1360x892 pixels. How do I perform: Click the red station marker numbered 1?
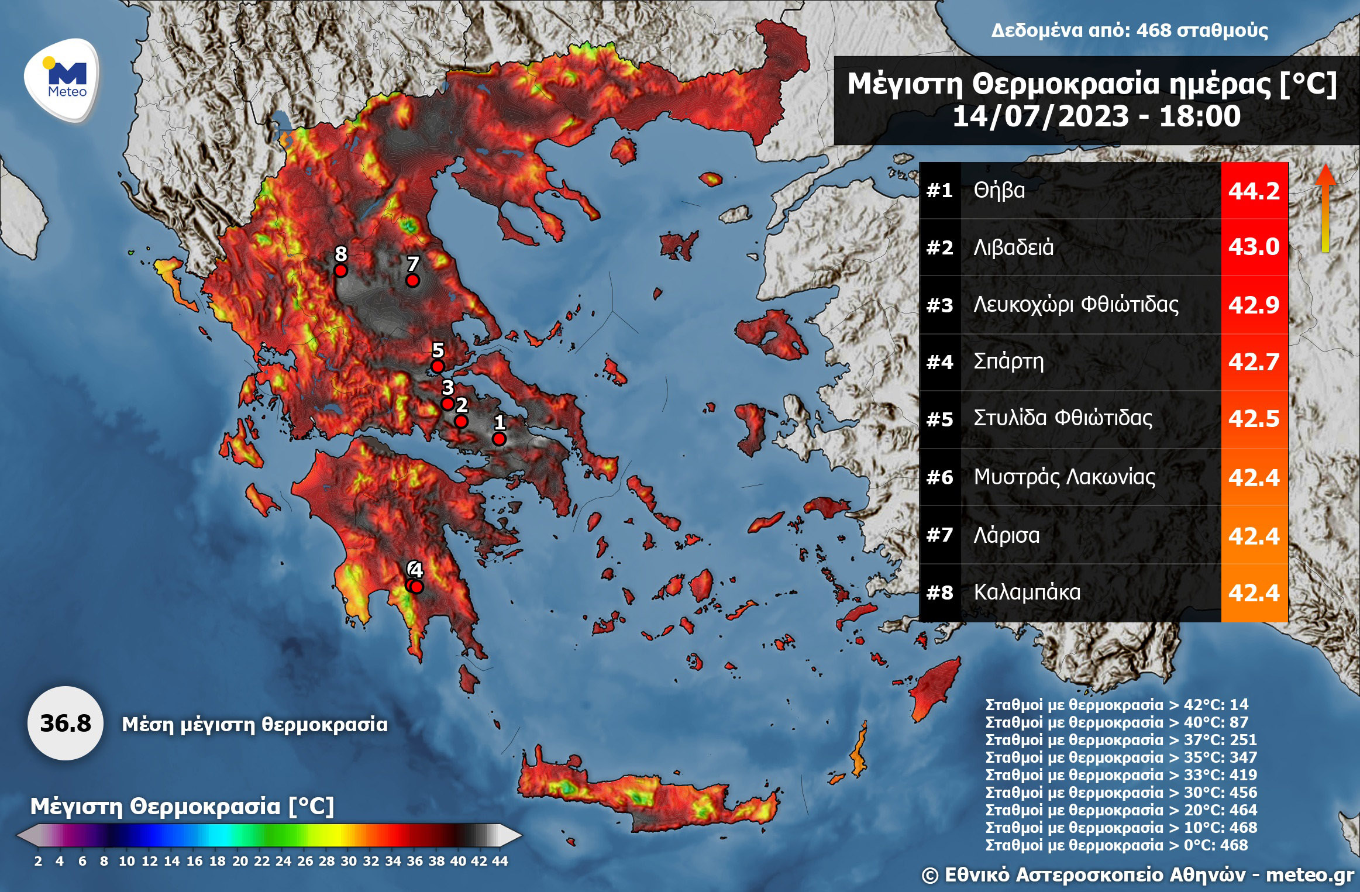coord(499,439)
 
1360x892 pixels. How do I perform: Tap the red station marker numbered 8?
coord(340,270)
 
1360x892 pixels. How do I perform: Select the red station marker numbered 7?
coord(412,281)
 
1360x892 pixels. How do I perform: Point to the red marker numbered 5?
coord(437,367)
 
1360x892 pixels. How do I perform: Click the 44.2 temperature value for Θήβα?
coord(1254,191)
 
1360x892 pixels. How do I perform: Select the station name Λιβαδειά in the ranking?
coord(1013,247)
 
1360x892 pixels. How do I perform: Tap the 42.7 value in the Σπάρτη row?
coord(1254,362)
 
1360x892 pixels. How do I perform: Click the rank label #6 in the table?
coord(939,478)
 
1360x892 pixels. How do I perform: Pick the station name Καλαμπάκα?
coord(1027,593)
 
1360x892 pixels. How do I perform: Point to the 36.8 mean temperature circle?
coord(66,724)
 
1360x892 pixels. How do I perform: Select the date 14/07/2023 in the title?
coord(1041,116)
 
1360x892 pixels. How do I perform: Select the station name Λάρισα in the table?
coord(1006,535)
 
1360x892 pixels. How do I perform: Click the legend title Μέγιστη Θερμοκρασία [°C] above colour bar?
coord(182,806)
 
